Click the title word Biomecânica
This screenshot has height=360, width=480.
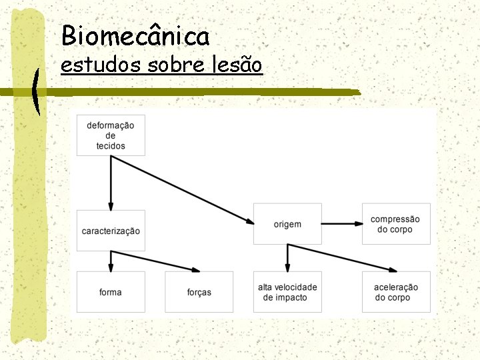coord(135,35)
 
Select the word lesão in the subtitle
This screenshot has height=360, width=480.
coord(239,65)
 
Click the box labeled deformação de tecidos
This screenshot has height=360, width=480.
coord(111,135)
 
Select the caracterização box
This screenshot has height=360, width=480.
coord(111,231)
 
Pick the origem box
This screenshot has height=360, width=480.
coord(287,224)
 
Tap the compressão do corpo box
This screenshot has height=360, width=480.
coord(395,224)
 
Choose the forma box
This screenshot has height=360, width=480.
coord(111,292)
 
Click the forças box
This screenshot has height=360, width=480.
coord(199,292)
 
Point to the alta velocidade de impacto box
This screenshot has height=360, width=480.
coord(287,292)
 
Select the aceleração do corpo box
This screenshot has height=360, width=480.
coord(395,292)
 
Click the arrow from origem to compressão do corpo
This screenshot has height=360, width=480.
coord(341,224)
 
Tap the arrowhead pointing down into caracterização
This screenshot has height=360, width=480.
coord(111,205)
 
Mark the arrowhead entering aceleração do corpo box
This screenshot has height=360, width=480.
coord(390,269)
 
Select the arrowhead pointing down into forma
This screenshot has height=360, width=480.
coord(111,267)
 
